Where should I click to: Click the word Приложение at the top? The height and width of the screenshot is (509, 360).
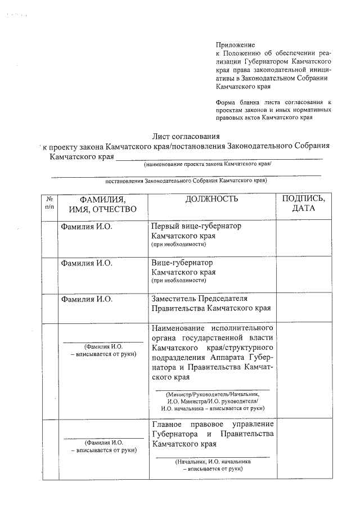click(235, 44)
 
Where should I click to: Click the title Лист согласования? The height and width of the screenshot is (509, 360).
click(186, 137)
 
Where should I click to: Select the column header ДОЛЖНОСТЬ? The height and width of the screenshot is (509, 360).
click(211, 199)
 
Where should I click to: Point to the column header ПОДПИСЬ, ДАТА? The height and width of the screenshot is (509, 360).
click(303, 204)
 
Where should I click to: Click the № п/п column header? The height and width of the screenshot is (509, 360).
click(49, 203)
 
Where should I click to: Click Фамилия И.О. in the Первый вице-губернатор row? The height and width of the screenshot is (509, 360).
click(87, 226)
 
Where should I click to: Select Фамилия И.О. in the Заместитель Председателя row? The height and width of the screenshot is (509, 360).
click(87, 299)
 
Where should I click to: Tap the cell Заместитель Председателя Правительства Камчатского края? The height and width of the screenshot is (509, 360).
click(211, 304)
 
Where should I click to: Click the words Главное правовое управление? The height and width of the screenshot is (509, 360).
click(213, 424)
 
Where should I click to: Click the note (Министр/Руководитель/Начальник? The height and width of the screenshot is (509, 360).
click(212, 394)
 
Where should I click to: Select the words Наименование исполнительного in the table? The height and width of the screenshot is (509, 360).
click(213, 328)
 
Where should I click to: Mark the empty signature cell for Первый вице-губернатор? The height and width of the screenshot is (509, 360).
click(302, 239)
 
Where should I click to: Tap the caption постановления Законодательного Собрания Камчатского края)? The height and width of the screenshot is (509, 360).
click(186, 181)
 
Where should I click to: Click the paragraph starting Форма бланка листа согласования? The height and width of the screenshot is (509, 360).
click(273, 110)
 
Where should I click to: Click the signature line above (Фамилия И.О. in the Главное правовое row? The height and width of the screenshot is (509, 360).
click(103, 437)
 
